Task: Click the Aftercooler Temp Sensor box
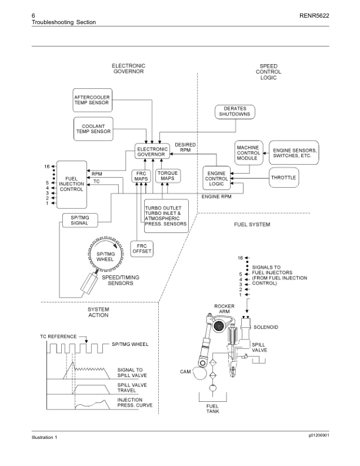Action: tap(91, 101)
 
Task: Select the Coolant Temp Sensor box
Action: tap(93, 128)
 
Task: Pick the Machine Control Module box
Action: tap(248, 152)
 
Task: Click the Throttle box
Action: tap(284, 177)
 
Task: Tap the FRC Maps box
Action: tap(141, 177)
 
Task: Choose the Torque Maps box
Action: tap(168, 177)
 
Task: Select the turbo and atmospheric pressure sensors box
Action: tap(166, 216)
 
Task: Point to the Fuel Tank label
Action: tap(212, 408)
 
